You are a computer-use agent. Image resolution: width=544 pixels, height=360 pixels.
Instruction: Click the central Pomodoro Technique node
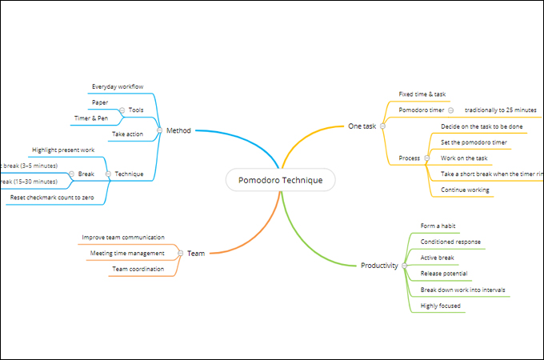click(280, 180)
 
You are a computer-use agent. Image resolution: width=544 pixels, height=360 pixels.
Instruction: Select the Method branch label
click(178, 130)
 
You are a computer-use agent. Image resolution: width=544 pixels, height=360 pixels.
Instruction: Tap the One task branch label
click(362, 126)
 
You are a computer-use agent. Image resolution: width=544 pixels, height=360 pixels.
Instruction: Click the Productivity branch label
click(379, 265)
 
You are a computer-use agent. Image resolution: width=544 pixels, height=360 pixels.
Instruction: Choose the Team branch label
click(196, 253)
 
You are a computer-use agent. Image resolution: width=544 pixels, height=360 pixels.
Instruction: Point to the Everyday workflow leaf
click(118, 86)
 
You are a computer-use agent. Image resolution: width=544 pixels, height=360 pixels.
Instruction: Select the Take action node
click(128, 134)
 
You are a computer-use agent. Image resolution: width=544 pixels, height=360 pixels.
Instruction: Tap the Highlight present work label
click(63, 150)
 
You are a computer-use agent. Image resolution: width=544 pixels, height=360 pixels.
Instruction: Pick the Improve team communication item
click(123, 238)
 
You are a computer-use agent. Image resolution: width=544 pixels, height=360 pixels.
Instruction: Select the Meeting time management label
click(127, 253)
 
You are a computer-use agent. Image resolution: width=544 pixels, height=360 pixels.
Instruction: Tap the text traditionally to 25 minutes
click(500, 110)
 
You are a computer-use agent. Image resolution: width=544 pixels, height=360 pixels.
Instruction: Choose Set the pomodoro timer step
click(474, 142)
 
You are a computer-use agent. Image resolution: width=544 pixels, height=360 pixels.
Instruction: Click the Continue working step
click(465, 190)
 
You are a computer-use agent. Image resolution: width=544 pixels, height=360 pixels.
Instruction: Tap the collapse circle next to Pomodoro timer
click(451, 110)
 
